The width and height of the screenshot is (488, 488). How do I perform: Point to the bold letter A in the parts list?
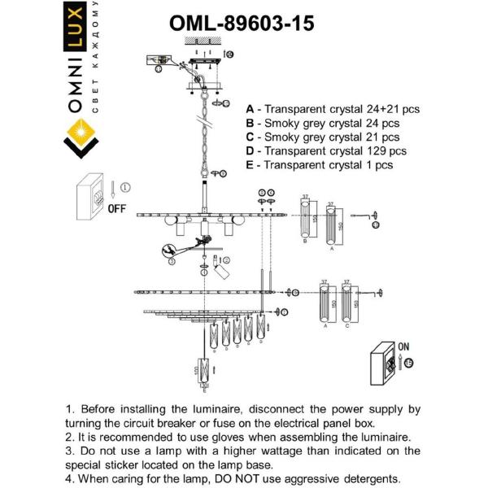tap(249, 108)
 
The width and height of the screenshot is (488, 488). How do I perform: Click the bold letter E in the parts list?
tap(249, 164)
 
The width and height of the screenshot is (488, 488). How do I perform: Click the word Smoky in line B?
tap(285, 123)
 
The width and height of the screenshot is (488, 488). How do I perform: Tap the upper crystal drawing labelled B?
tap(308, 220)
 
